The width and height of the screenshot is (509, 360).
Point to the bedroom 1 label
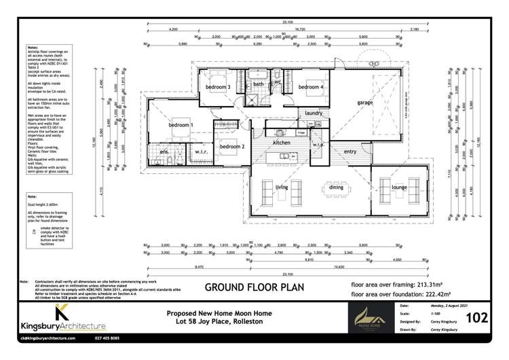point(181,126)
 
